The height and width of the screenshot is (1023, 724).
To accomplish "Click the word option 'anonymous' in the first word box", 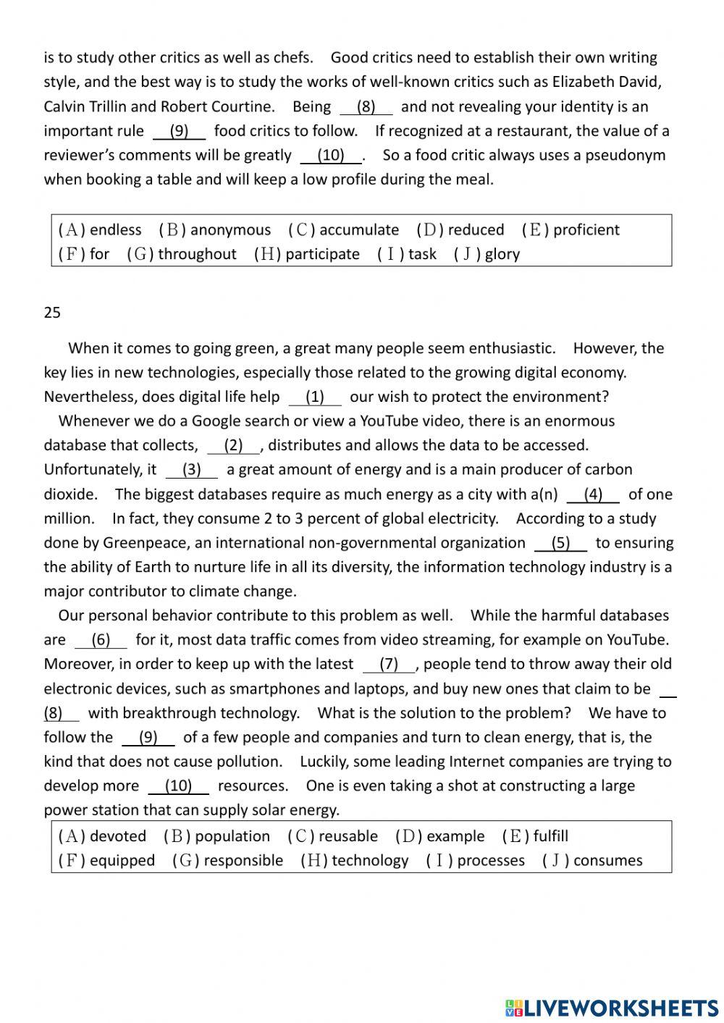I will coord(230,230).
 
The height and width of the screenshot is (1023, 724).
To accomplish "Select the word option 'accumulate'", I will coord(358,230).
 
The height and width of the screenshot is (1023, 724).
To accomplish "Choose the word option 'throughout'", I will coord(197,254).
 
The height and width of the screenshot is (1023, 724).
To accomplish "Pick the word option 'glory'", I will coord(502,254).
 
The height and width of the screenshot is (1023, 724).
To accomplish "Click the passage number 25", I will coord(52,313).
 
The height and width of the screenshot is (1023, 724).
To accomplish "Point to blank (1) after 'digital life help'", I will coord(315,397).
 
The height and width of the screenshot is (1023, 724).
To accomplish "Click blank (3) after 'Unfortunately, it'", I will coord(191,470).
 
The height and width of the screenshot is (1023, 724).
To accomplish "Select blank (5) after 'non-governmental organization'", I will coord(560,543).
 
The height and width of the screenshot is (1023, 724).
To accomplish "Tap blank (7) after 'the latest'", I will coord(389,664).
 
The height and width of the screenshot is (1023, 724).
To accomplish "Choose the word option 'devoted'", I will coord(117,836).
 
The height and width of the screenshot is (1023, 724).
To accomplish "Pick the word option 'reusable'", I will coord(348,836).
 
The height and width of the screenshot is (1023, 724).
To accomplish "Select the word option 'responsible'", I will coord(243,861).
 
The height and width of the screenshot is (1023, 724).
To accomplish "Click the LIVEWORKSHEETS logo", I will coord(611,1007).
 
